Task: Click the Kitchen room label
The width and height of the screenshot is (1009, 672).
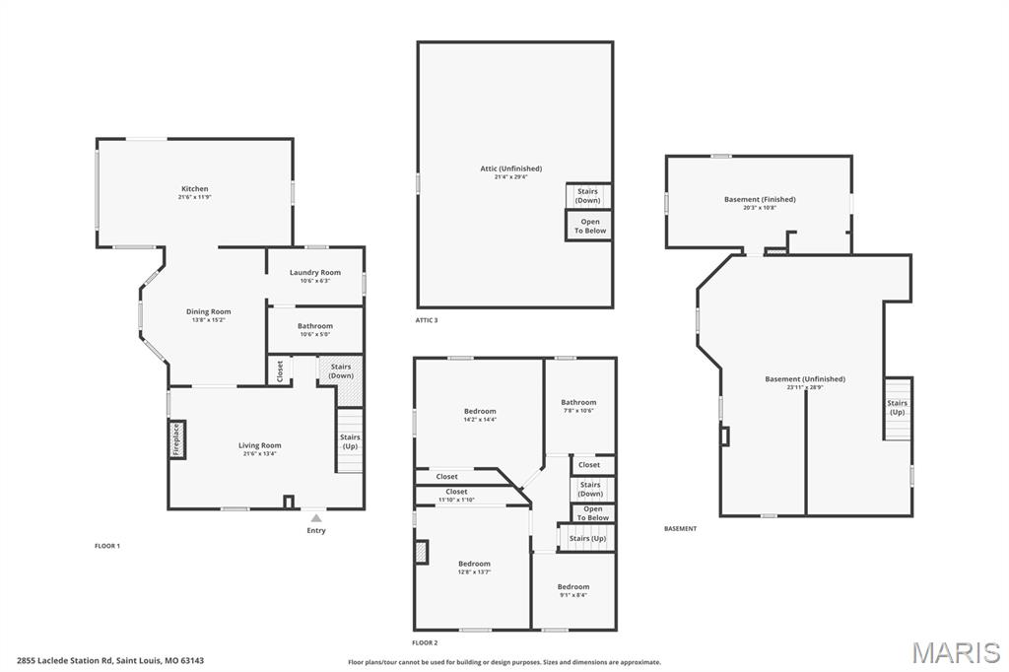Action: pos(194,188)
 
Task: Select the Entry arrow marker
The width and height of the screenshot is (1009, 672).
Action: pos(315,516)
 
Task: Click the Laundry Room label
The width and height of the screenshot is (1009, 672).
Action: pos(315,272)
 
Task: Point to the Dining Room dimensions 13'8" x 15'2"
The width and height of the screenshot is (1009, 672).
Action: pos(208,320)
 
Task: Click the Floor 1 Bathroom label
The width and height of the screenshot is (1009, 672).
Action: pos(315,326)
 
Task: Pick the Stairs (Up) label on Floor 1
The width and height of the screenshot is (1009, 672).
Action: pos(350,441)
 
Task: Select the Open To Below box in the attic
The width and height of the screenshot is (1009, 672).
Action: pos(589,226)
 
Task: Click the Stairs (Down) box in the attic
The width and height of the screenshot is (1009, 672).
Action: pos(588,196)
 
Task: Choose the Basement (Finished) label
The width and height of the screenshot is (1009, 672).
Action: pos(760,199)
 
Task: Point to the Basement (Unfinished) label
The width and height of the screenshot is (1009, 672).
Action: pos(805,378)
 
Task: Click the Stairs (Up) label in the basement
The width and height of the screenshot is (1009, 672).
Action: pos(897,407)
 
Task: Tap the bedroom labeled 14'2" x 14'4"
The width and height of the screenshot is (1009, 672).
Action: pos(480,411)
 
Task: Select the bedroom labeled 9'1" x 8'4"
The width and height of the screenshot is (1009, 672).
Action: pos(572,586)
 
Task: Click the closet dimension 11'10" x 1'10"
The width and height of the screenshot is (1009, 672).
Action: pos(456,500)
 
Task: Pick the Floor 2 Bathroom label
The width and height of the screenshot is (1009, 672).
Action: pos(578,402)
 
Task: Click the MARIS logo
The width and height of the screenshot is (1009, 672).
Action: pos(955,652)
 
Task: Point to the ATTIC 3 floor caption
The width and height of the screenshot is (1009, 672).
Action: pos(427,320)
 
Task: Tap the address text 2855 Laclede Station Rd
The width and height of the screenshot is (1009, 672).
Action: pos(65,660)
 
